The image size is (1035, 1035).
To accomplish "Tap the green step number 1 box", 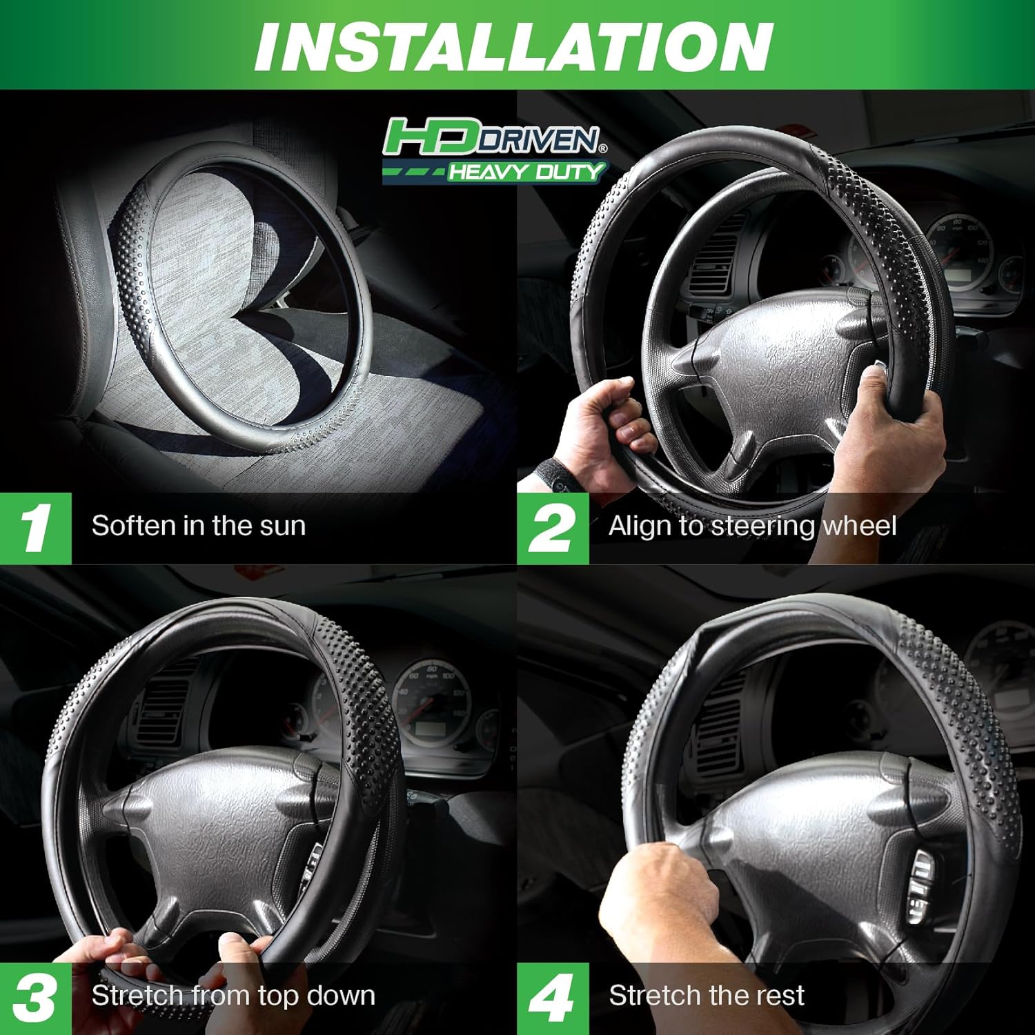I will tap(35, 528).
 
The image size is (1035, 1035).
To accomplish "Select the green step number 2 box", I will tap(553, 528).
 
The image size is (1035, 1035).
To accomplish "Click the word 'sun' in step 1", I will tap(282, 526).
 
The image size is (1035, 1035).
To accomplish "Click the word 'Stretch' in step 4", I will tap(653, 996).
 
